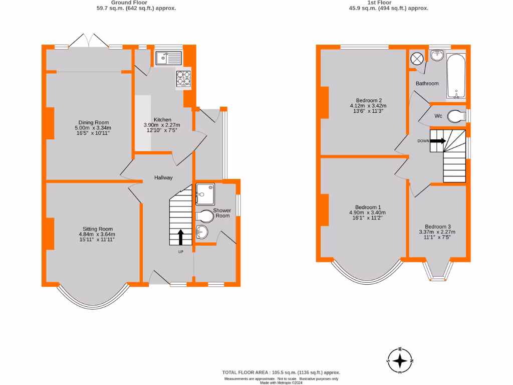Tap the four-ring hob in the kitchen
(183, 78)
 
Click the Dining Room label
(93, 122)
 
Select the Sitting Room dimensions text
(97, 237)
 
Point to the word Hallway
(163, 177)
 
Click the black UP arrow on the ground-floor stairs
(181, 237)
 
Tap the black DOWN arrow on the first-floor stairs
(437, 141)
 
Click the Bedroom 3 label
(437, 226)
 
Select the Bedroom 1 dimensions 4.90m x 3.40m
(368, 213)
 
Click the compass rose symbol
(400, 360)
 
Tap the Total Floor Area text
(281, 372)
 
